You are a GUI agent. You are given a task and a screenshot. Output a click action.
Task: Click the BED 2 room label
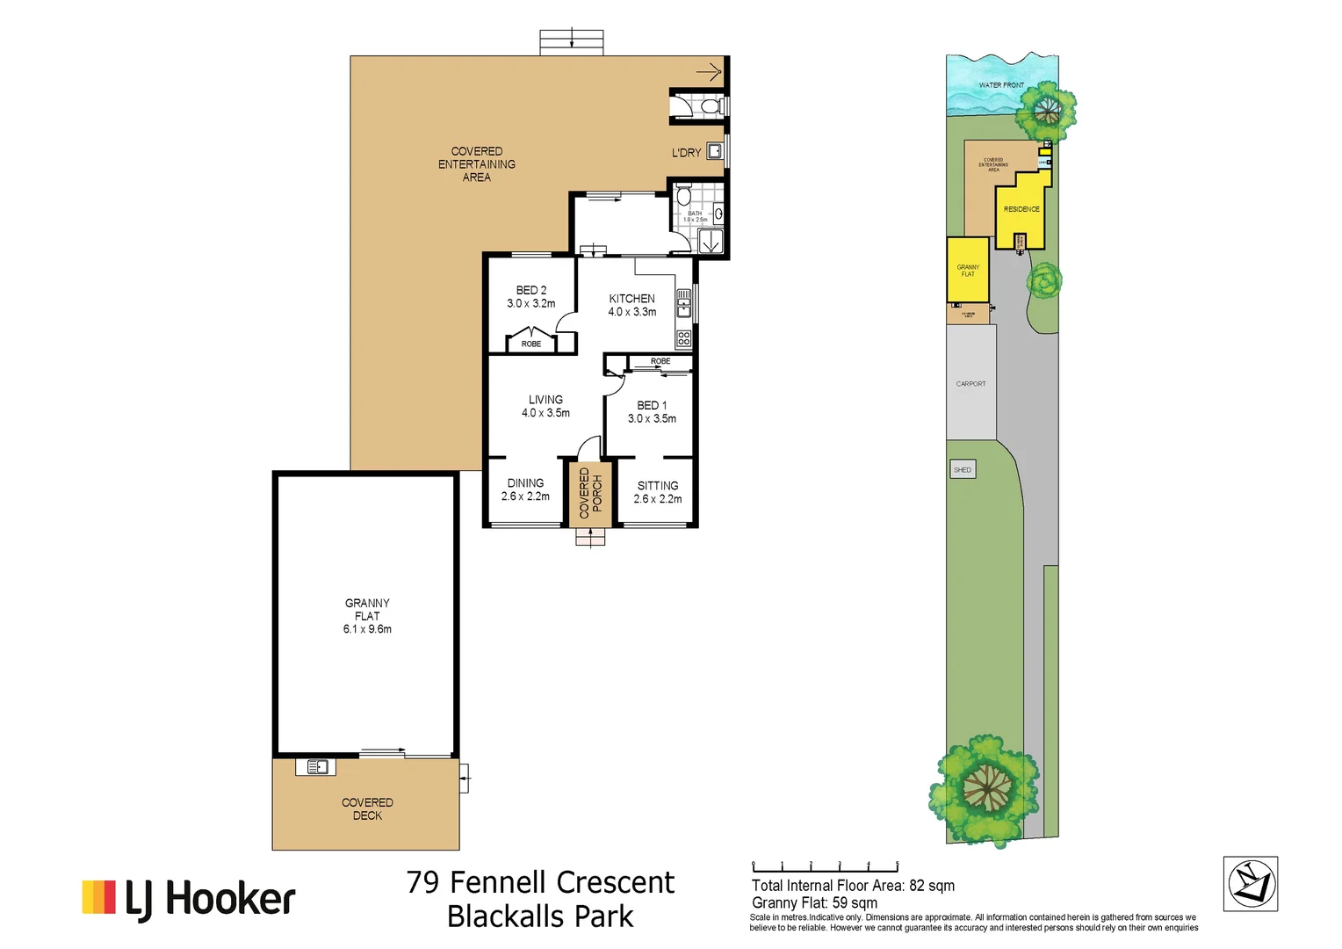(x=530, y=297)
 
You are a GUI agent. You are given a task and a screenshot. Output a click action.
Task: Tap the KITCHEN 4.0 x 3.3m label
(x=631, y=305)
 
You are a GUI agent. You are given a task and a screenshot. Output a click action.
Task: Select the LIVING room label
(x=545, y=406)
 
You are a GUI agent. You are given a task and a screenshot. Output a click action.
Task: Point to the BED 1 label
(x=652, y=412)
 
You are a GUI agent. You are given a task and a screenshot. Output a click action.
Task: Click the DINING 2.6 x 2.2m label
(x=525, y=489)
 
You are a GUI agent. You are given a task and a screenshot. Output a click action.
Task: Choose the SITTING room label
(x=658, y=492)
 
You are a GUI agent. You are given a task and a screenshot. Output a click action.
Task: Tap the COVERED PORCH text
(x=590, y=493)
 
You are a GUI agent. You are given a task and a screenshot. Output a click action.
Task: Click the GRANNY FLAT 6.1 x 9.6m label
(x=367, y=616)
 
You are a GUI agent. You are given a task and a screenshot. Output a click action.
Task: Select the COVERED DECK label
(x=367, y=809)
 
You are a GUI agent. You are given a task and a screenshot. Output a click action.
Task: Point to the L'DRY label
(x=686, y=153)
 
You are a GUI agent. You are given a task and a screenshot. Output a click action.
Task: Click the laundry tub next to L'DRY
(x=715, y=151)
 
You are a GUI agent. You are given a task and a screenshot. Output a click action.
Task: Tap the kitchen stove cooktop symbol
(x=683, y=338)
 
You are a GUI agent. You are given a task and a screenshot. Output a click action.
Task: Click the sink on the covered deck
(x=316, y=767)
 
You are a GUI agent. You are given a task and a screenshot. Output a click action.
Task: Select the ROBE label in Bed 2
(x=531, y=344)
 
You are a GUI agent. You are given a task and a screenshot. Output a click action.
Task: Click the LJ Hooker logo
(x=189, y=899)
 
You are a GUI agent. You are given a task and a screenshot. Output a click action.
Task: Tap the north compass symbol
(x=1250, y=884)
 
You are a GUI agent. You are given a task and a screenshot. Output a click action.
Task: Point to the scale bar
(x=825, y=867)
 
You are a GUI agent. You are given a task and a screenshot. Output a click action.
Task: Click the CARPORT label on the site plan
(x=970, y=384)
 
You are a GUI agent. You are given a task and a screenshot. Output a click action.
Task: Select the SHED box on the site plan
(x=963, y=470)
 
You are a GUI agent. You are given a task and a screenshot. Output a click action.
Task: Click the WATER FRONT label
(x=1001, y=85)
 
